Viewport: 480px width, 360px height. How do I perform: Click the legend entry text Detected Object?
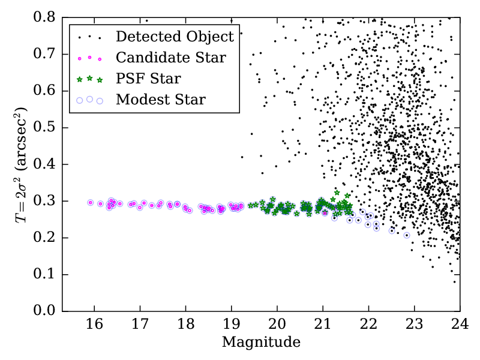175,37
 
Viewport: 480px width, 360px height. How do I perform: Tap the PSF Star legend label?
148,79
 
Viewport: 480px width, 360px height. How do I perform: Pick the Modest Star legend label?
161,100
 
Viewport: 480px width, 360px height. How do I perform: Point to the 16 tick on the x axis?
94,325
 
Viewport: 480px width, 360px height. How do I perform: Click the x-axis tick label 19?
232,325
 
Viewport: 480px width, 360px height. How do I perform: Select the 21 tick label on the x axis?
323,325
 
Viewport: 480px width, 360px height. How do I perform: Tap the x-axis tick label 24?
460,325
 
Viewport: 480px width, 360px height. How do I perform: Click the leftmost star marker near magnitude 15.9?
91,203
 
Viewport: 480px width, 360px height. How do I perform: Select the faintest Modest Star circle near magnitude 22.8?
407,235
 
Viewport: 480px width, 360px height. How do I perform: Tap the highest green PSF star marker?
337,193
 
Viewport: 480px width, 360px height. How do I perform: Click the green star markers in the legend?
89,79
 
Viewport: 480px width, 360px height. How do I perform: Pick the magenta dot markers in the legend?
89,58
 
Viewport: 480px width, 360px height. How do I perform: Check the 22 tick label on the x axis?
368,325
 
